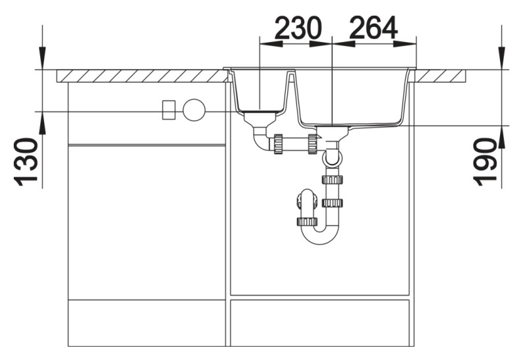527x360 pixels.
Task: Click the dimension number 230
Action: [x=297, y=28]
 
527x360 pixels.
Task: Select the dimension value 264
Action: [x=374, y=28]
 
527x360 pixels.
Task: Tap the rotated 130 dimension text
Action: [x=26, y=162]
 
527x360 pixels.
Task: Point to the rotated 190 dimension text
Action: [x=486, y=162]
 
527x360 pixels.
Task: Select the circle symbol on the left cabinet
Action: [x=194, y=110]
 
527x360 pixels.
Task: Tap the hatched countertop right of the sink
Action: [x=441, y=76]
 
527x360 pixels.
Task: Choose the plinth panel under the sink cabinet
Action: [x=319, y=322]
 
